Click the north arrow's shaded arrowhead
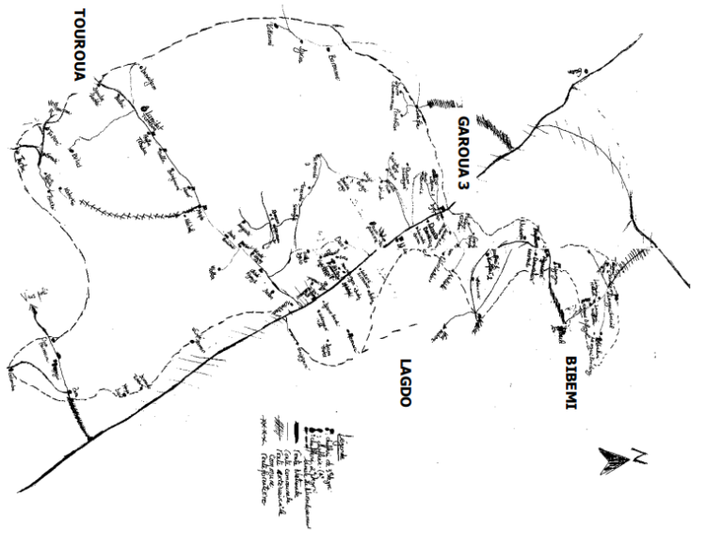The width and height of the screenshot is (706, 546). pos(614,459)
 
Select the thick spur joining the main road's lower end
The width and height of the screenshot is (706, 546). pos(77,414)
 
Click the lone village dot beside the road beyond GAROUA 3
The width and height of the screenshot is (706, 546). pos(586,72)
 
